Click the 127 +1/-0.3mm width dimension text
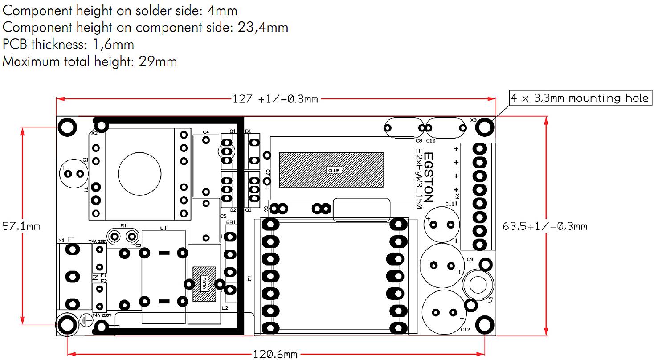point(275,99)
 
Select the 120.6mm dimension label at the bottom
point(274,354)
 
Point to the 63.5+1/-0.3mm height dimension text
point(545,226)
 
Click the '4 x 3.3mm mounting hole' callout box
point(580,98)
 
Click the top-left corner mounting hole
point(67,127)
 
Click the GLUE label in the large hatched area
point(334,170)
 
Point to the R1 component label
point(124,226)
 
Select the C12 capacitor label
point(465,329)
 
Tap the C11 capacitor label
point(450,204)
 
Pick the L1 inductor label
point(163,228)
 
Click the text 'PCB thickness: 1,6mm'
point(68,44)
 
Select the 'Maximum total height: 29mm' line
point(90,61)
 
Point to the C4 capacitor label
point(205,132)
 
